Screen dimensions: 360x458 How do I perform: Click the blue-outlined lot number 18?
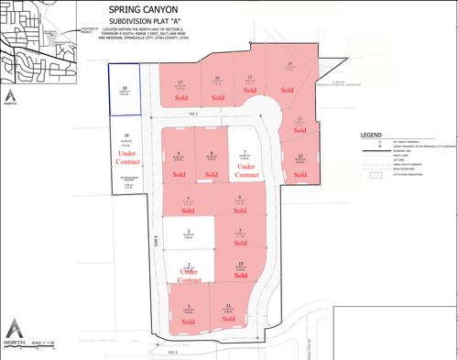pyautogui.click(x=124, y=88)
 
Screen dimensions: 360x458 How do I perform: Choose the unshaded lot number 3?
pyautogui.click(x=188, y=231)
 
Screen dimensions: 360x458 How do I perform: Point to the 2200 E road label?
pyautogui.click(x=157, y=245)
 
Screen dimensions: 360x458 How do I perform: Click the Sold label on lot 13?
pyautogui.click(x=299, y=132)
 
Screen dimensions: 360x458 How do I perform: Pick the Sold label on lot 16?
pyautogui.click(x=217, y=96)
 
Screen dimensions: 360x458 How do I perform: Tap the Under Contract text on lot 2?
pyautogui.click(x=189, y=275)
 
